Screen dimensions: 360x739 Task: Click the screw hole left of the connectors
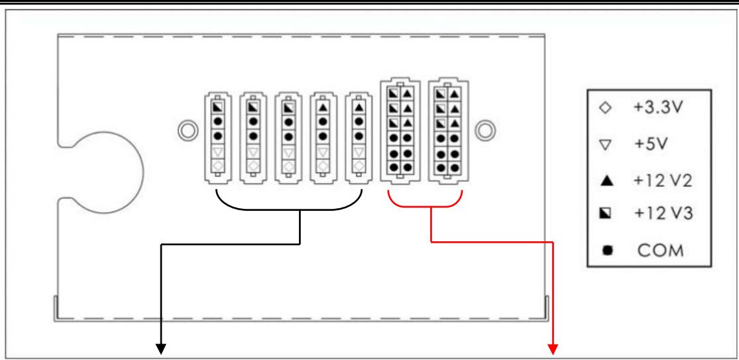tap(186, 128)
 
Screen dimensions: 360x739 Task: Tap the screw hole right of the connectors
tap(488, 128)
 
